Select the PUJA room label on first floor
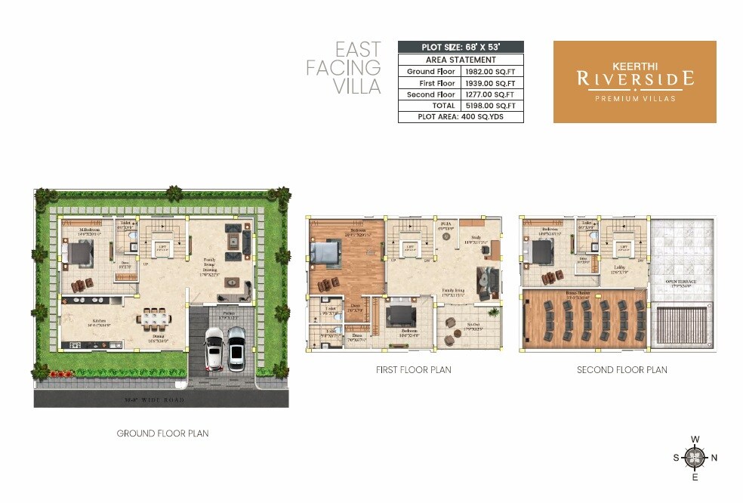[445, 224]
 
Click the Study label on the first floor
[476, 239]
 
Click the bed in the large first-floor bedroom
[327, 251]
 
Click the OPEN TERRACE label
[681, 281]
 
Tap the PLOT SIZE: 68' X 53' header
[461, 47]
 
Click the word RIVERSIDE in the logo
[634, 79]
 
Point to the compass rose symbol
[695, 457]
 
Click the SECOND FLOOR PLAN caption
[621, 370]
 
